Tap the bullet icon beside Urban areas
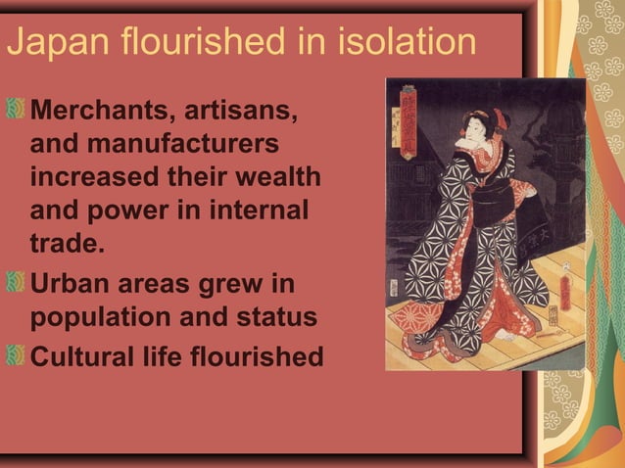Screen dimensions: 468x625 pos(16,285)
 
